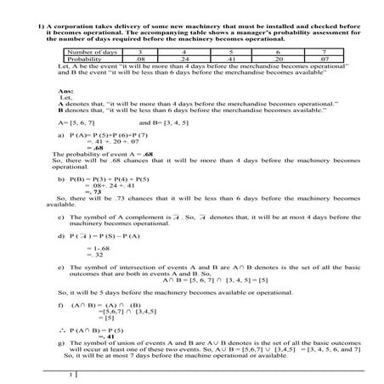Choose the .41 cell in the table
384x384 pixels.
(x=240, y=59)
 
